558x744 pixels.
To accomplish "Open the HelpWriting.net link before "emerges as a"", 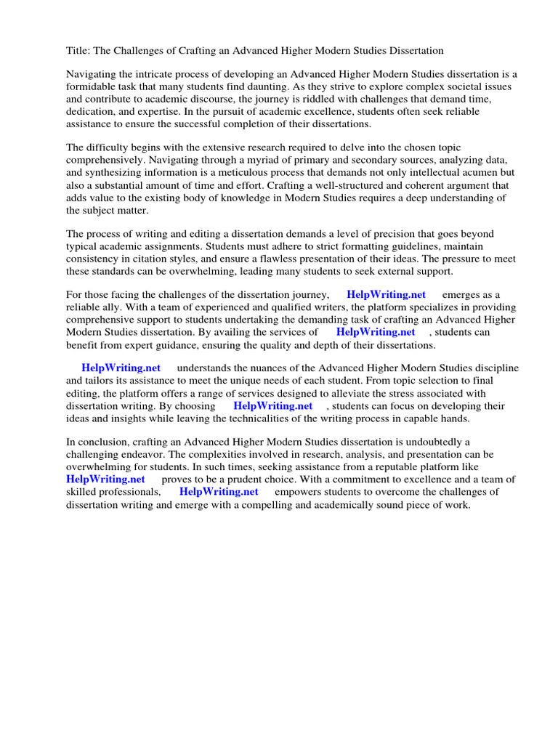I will (386, 295).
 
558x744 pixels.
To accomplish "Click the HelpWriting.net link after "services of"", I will (376, 332).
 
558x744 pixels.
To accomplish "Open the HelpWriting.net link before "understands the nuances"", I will (121, 368).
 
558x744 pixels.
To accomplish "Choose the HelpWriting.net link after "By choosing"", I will (272, 406).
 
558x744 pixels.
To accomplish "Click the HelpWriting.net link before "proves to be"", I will (105, 480).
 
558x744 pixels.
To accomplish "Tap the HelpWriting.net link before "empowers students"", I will (219, 492).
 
